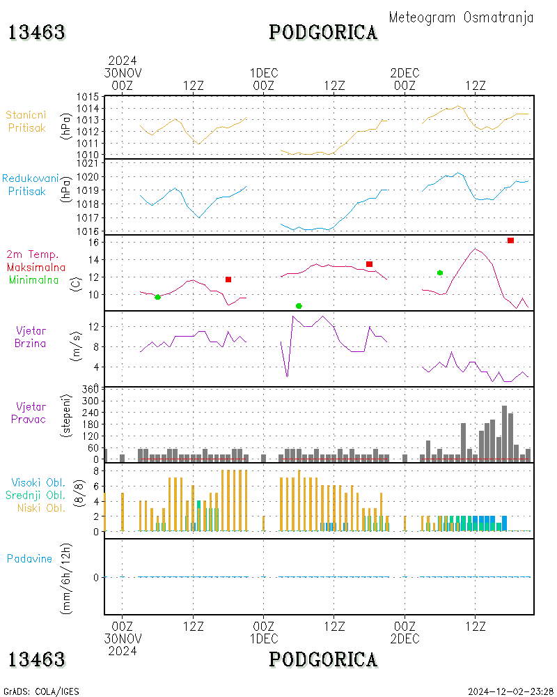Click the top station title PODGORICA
(x=323, y=32)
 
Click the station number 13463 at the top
(x=37, y=32)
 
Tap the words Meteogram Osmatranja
(x=461, y=17)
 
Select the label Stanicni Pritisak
(x=27, y=121)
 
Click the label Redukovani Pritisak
(x=30, y=184)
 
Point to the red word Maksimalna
(x=36, y=267)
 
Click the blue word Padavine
(x=29, y=558)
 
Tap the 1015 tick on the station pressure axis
(x=87, y=96)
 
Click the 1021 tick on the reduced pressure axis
(x=87, y=163)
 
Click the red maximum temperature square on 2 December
(x=510, y=240)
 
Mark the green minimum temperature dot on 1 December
(x=299, y=306)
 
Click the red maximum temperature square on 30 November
(x=228, y=279)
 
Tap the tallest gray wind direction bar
(x=504, y=432)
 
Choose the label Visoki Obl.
(x=36, y=482)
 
